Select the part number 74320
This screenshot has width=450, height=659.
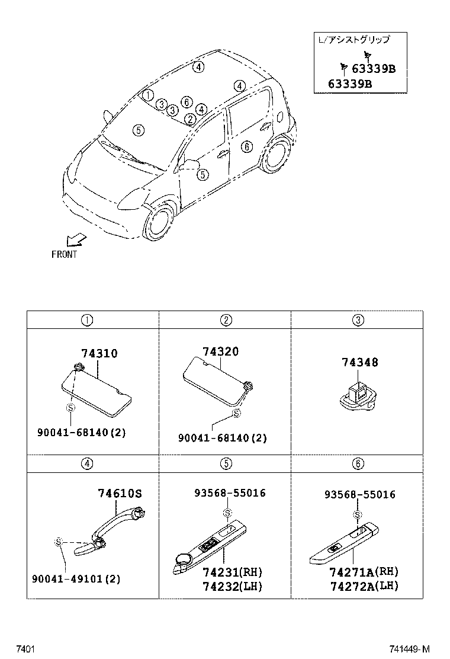tap(220, 351)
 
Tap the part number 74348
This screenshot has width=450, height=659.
tap(359, 362)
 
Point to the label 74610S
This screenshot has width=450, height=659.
tap(120, 493)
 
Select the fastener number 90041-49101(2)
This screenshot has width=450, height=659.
tap(76, 579)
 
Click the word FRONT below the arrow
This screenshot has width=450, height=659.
tap(64, 254)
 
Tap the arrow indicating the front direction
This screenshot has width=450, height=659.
tap(76, 239)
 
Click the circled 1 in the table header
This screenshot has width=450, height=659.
tap(86, 321)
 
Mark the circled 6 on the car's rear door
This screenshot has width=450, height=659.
tap(246, 146)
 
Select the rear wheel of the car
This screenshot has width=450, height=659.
tap(275, 156)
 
